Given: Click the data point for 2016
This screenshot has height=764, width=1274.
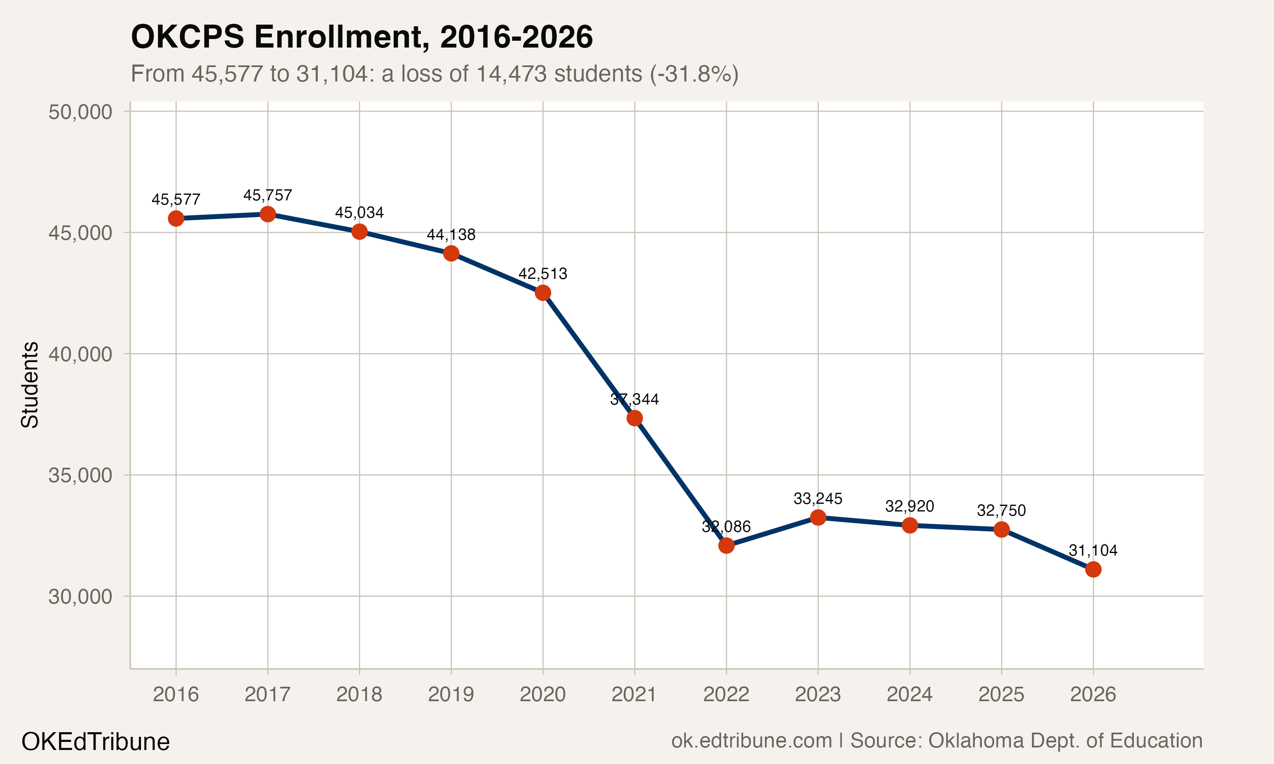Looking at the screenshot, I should click(176, 218).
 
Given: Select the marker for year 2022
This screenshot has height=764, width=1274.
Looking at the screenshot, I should click(726, 546).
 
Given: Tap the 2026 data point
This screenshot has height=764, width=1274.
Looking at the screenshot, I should click(1093, 570).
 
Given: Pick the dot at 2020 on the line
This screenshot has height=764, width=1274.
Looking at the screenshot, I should click(543, 293).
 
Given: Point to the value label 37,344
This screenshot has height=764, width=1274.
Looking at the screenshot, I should click(634, 399).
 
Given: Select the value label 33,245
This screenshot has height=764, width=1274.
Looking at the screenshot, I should click(818, 498).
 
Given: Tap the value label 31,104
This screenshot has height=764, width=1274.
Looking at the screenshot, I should click(1093, 551).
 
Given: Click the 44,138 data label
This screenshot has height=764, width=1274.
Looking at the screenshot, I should click(451, 235).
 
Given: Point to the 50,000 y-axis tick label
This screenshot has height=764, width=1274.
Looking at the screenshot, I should click(80, 112).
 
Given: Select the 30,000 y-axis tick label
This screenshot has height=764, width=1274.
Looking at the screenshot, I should click(80, 597).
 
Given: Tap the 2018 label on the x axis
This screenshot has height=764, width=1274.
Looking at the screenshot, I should click(359, 694).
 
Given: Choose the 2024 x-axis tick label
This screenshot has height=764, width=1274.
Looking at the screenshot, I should click(909, 694).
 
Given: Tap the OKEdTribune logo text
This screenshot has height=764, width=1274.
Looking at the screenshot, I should click(95, 742).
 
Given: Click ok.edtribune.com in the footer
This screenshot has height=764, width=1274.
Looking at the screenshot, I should click(751, 741).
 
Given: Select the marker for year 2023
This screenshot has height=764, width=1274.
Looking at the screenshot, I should click(818, 517).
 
